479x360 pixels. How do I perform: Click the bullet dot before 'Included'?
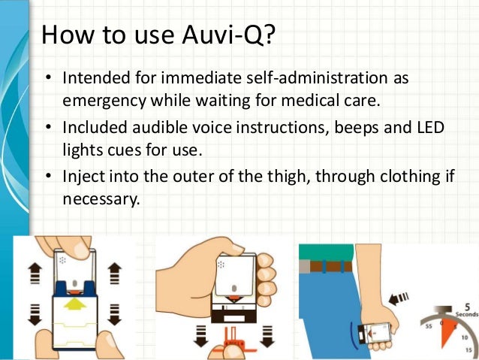pos(47,129)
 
